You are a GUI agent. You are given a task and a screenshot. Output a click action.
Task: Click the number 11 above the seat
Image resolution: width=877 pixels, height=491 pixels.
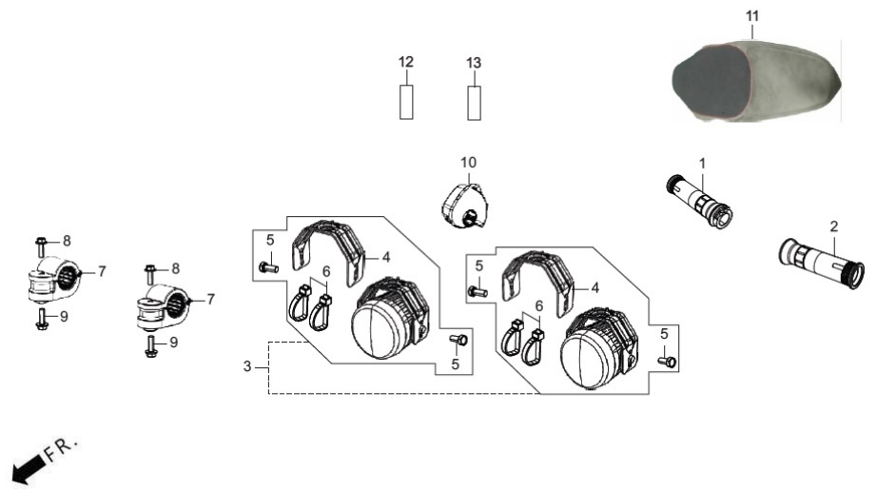click(x=752, y=16)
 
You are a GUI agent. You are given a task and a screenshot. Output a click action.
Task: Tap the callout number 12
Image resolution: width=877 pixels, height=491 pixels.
click(x=406, y=62)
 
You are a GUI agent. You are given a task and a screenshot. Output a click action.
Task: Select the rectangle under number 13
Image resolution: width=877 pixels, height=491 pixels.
click(x=475, y=103)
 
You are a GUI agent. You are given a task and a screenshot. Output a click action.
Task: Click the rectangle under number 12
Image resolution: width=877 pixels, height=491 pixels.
click(x=406, y=102)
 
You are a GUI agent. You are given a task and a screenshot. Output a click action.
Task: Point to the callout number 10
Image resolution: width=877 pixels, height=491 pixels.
click(x=469, y=163)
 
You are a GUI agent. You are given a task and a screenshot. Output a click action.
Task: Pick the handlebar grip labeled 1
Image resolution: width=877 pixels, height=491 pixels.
click(x=699, y=202)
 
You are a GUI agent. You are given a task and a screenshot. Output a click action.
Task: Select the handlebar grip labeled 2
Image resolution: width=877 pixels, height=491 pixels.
click(x=821, y=264)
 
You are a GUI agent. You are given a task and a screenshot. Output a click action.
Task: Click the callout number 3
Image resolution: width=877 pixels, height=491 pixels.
click(x=247, y=367)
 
